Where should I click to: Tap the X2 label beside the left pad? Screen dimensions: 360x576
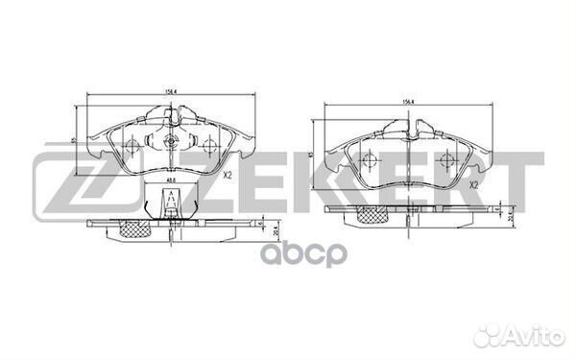tap(228, 175)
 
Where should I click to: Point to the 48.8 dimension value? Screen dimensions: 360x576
tap(168, 180)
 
